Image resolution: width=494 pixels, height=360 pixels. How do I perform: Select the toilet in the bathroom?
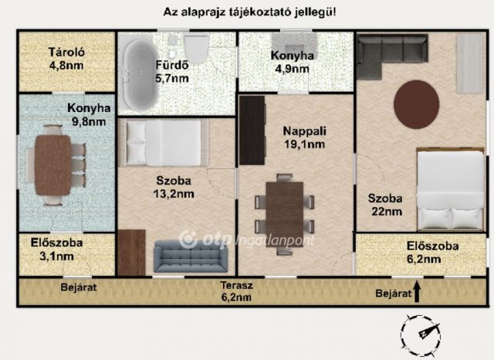196,51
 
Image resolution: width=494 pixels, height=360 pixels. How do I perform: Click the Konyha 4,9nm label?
293,62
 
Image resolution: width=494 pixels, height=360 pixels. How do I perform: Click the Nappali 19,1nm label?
302,137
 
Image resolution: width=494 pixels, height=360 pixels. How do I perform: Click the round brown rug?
417,105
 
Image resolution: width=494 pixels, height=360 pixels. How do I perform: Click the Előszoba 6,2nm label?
432,253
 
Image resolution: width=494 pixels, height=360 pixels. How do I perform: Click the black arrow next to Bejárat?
418,292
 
